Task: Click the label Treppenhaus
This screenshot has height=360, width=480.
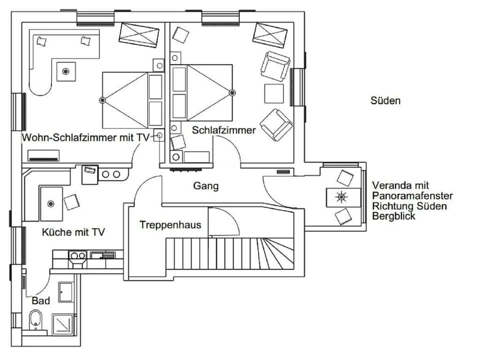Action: point(170,225)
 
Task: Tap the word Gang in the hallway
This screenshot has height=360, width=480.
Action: point(206,186)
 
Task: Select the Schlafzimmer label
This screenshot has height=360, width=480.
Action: point(224,130)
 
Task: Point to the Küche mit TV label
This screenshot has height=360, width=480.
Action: point(73,232)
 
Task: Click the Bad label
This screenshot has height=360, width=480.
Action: point(40,301)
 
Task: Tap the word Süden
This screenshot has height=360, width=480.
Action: point(385,100)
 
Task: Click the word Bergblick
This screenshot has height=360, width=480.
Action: point(393,216)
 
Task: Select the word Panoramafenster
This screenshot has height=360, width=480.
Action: point(412,195)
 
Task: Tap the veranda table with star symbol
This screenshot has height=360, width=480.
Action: point(343,196)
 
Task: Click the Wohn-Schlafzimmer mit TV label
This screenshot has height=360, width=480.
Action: point(85,138)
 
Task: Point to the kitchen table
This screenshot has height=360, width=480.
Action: point(51,203)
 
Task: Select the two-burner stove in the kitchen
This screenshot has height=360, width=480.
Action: point(77,255)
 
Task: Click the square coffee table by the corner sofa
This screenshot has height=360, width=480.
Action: point(65,71)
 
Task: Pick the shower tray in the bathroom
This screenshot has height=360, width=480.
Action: point(63,324)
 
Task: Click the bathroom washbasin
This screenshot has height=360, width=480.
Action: point(66,292)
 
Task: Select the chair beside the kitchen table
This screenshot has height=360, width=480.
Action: point(71,202)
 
